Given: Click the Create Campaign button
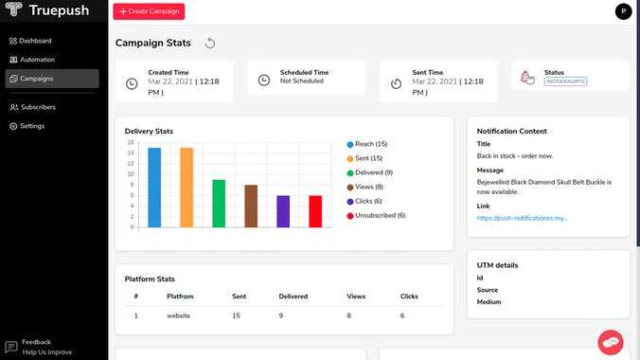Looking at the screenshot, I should (149, 11).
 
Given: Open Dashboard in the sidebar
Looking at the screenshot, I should (35, 41).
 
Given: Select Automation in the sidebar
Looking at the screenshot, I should (37, 60).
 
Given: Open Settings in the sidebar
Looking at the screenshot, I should (32, 126).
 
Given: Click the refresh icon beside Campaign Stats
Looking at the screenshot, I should (210, 43).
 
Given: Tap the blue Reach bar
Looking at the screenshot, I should (154, 188).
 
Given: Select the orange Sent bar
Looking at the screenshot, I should (187, 188).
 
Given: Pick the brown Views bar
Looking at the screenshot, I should (251, 206).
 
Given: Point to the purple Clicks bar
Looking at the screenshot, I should (283, 211).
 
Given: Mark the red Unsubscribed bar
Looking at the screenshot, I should (315, 211).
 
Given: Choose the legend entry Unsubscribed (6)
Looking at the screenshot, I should (379, 215).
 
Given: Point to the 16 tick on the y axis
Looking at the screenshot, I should (131, 142).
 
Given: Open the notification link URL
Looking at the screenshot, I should (522, 218).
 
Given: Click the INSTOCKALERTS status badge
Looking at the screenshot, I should (565, 82).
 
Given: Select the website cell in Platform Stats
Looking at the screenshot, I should (180, 315).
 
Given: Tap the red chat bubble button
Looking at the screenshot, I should (611, 341).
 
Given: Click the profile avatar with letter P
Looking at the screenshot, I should (622, 11).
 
